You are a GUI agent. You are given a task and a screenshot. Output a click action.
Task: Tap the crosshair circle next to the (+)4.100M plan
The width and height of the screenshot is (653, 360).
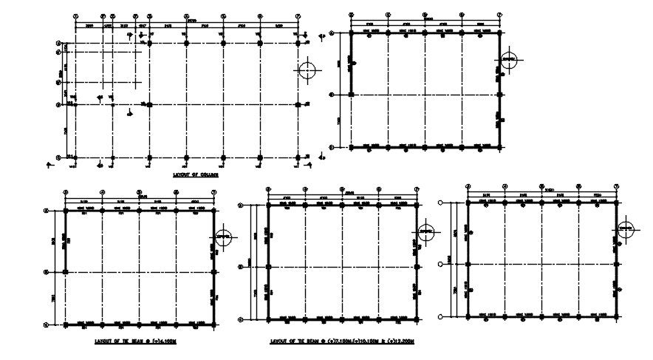(x=225, y=238)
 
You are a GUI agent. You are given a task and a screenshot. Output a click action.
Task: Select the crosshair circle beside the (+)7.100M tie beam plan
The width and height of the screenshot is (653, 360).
(x=426, y=233)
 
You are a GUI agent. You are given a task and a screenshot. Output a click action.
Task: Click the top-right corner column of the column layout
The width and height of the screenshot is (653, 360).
(x=298, y=44)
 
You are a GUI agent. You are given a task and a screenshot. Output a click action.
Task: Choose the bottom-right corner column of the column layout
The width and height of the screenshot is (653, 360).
(x=298, y=157)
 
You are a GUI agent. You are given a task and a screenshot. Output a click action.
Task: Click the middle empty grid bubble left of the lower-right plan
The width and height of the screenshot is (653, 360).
(x=441, y=264)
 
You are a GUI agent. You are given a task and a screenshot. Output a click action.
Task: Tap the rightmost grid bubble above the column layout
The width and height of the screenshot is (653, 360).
(x=298, y=15)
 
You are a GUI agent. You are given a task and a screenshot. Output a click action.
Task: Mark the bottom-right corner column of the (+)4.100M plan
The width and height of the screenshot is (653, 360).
(x=213, y=325)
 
